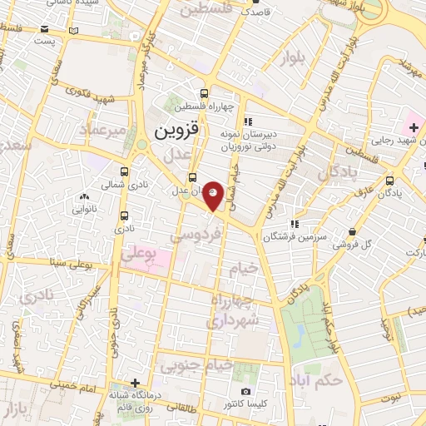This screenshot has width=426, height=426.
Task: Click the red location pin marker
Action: point(215,195)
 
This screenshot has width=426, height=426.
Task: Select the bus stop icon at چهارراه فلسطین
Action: point(205,93)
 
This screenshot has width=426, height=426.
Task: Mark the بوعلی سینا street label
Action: point(67,264)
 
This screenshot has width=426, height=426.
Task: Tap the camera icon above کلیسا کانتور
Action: point(245,391)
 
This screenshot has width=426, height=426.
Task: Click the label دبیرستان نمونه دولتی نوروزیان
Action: point(246,139)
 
